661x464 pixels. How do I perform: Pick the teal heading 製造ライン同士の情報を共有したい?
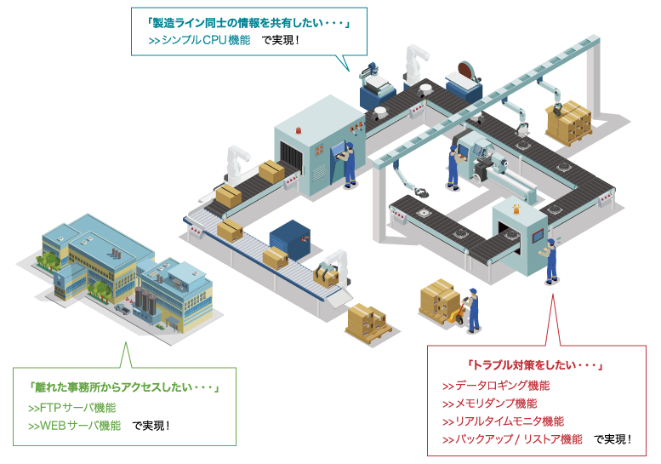coord(242,22)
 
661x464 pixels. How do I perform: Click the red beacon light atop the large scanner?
coord(299,130)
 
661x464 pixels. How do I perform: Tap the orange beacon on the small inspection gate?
coord(517,207)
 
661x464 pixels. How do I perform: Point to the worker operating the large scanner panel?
coord(348,162)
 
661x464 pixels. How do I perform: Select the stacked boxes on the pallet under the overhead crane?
coord(567,123)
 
